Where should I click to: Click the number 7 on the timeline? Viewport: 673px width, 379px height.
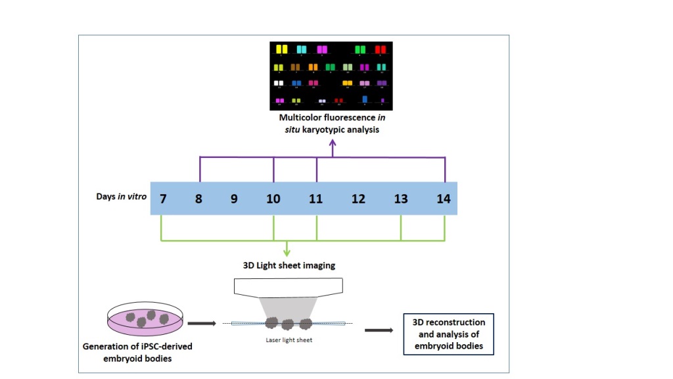tap(162, 198)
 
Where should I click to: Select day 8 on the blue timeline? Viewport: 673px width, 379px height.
tap(198, 198)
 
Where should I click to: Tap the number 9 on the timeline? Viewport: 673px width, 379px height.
tap(234, 198)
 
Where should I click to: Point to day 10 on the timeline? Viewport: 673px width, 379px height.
tap(273, 198)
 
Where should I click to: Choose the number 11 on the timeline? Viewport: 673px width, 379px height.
tap(316, 198)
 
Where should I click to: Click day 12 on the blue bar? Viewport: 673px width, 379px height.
tap(358, 198)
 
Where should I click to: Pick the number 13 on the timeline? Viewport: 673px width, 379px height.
tap(401, 198)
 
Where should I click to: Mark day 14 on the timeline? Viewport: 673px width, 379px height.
tap(444, 198)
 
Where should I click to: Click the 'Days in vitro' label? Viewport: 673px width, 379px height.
tap(122, 197)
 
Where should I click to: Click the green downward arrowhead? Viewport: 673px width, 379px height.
tap(287, 251)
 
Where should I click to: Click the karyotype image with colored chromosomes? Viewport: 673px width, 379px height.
tap(331, 76)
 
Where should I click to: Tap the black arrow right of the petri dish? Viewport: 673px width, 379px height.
tap(200, 324)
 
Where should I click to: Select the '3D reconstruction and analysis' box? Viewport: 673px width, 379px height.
tap(448, 333)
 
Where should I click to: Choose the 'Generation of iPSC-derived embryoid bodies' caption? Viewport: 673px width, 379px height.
tap(137, 351)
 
